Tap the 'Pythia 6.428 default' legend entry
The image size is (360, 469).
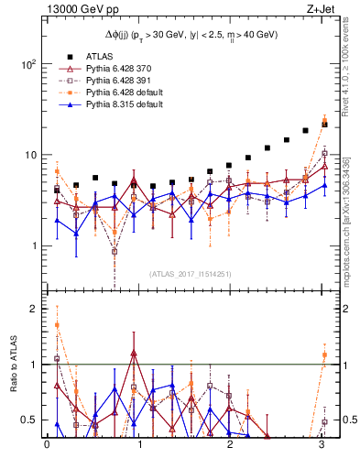125,93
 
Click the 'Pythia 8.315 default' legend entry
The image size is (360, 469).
125,106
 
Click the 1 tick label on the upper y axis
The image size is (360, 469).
32,245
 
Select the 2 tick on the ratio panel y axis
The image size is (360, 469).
32,309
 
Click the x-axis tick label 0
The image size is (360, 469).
47,446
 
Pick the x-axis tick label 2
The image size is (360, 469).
231,446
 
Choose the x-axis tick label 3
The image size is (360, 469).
322,446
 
